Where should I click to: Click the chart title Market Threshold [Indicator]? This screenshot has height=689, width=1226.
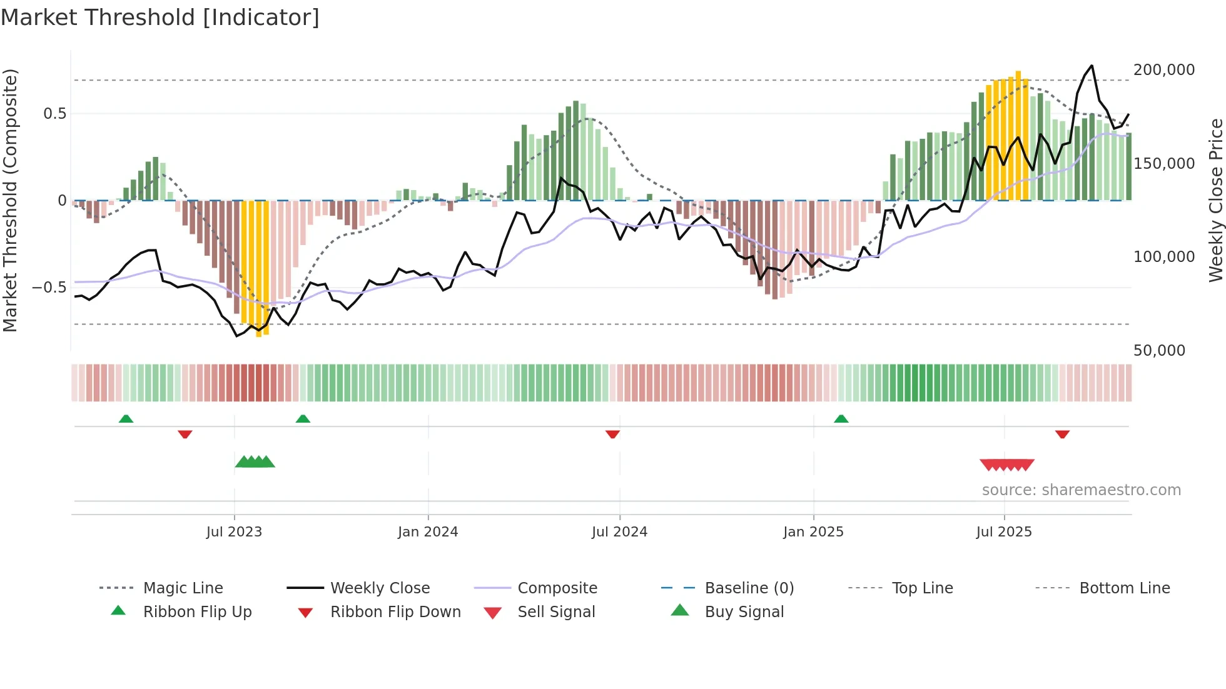[160, 18]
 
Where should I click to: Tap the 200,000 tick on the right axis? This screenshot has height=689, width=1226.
[1164, 70]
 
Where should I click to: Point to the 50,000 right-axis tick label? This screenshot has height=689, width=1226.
[1159, 351]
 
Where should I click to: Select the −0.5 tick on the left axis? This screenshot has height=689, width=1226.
[49, 288]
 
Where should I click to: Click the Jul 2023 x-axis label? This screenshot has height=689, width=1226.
[234, 532]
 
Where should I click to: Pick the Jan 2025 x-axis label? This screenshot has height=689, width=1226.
[813, 532]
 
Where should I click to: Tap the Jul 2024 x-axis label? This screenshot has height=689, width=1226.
[619, 532]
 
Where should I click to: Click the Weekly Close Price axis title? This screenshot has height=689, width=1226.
[1215, 200]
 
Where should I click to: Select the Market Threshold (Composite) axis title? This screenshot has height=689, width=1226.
[10, 200]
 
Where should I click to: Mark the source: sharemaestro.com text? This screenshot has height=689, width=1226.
[1081, 490]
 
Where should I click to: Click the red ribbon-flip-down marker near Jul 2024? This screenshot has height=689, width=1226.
[612, 434]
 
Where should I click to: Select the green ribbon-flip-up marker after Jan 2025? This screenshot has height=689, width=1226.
[841, 419]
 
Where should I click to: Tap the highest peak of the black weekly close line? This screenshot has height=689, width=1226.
[1092, 66]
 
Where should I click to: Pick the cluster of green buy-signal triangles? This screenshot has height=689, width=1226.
[255, 462]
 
